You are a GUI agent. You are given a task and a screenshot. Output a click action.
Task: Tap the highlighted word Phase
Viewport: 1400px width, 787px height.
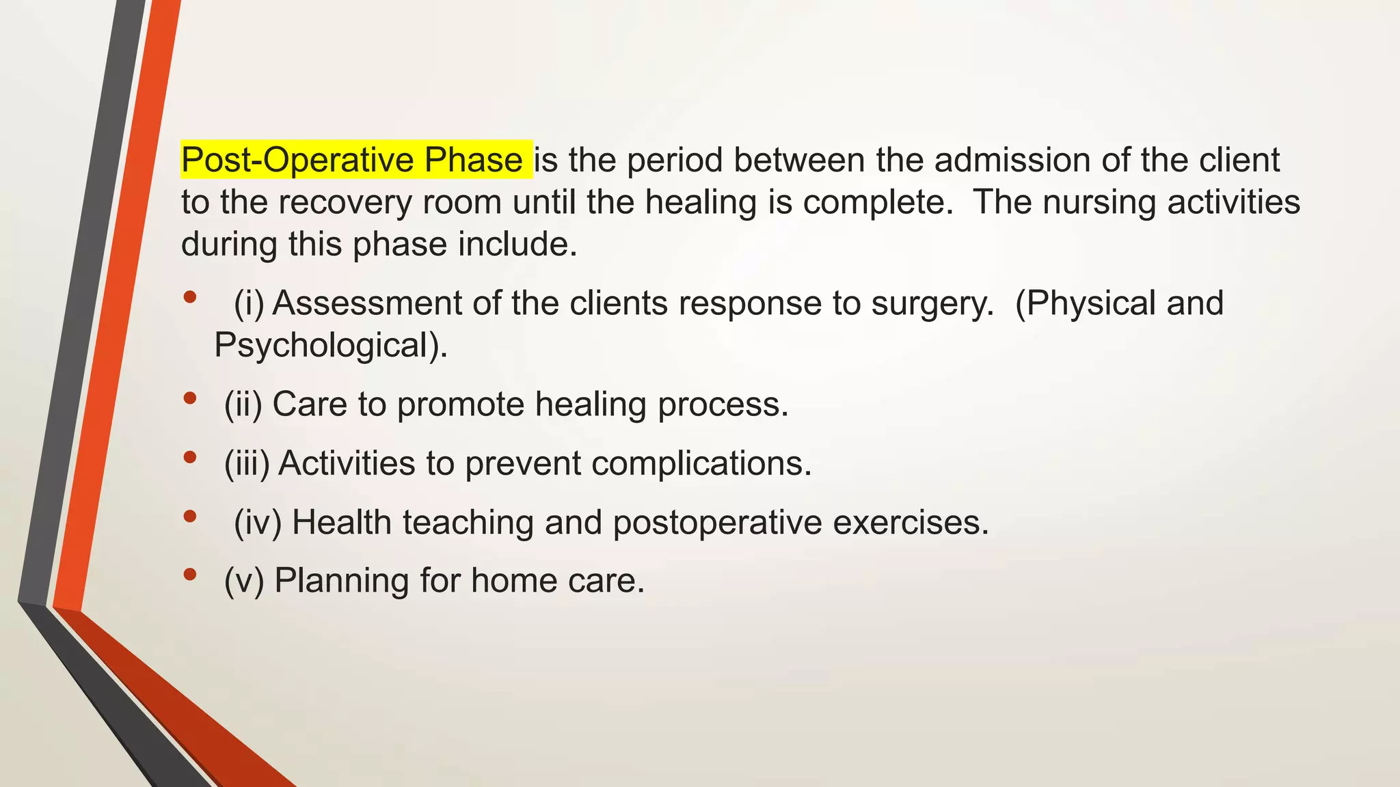point(473,161)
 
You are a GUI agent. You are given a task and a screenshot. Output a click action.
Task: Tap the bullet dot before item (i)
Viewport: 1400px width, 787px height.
point(190,297)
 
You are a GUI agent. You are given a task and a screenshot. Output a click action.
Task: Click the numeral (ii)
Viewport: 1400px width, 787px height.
point(243,404)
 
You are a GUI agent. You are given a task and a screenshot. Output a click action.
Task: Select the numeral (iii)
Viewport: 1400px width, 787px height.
point(247,463)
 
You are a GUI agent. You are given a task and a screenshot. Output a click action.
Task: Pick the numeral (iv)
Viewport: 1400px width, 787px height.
point(258,523)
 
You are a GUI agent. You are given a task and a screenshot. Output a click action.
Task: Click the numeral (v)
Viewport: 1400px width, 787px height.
point(244,581)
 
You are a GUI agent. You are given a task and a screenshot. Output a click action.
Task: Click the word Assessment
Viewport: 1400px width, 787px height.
point(367,303)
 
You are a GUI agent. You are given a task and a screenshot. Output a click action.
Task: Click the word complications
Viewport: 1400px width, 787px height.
point(701,463)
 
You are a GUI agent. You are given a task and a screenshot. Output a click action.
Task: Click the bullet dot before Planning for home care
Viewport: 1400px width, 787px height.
point(190,575)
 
